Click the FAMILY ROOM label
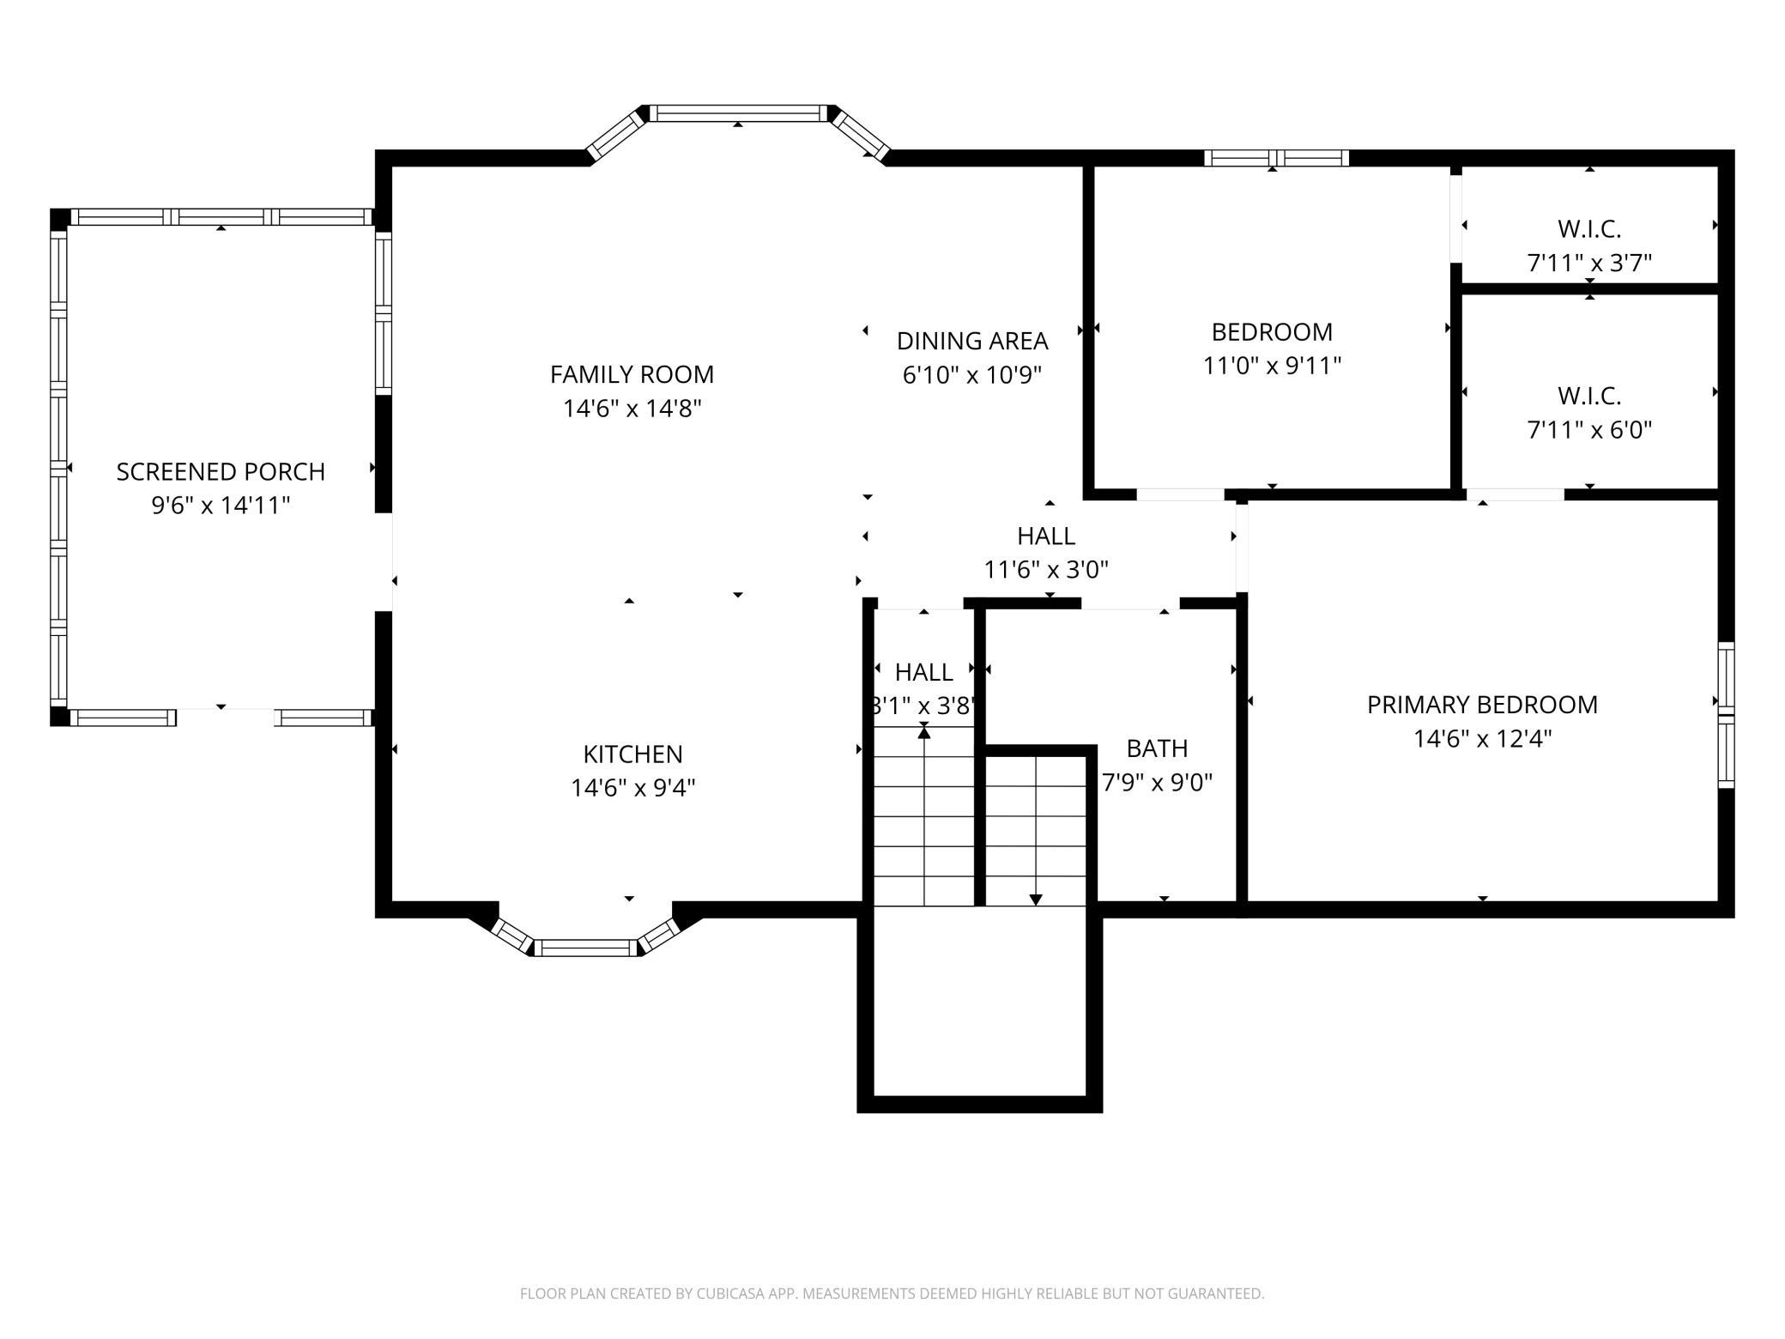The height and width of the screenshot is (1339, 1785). click(x=632, y=374)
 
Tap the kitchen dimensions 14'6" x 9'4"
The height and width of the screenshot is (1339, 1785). click(x=633, y=788)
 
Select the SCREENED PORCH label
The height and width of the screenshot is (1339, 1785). click(x=221, y=472)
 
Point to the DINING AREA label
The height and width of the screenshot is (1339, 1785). click(x=972, y=341)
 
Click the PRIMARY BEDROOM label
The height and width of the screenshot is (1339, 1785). click(x=1482, y=705)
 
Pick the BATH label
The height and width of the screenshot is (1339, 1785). click(x=1157, y=748)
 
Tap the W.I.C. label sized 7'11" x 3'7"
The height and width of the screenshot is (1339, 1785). click(x=1589, y=229)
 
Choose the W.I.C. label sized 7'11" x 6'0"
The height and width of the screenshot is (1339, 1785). click(x=1589, y=396)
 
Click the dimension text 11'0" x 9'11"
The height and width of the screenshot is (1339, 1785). click(x=1272, y=367)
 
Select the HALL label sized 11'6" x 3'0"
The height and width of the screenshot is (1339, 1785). click(x=1046, y=536)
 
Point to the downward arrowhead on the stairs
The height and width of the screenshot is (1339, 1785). click(x=1036, y=900)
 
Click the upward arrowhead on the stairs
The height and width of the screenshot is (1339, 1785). click(x=924, y=730)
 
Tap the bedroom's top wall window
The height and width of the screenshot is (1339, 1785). click(x=1276, y=158)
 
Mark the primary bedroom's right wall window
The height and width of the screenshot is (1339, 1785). click(x=1726, y=715)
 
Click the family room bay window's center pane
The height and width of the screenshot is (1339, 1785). click(x=738, y=113)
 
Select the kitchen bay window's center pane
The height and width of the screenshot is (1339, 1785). click(x=589, y=948)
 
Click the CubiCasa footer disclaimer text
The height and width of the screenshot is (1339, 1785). click(x=892, y=1294)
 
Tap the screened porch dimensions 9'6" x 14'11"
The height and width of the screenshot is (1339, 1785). click(x=221, y=506)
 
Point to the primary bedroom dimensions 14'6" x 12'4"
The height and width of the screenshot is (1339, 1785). click(x=1482, y=739)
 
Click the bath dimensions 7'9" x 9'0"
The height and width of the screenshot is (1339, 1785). click(x=1157, y=783)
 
